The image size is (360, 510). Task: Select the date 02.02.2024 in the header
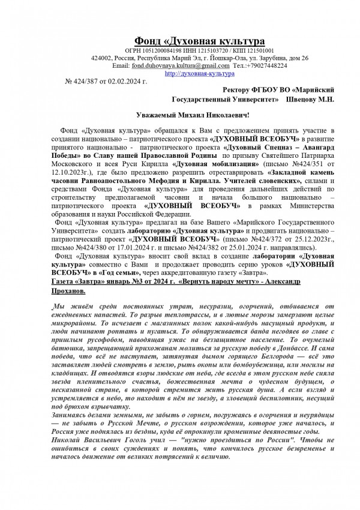point(127,80)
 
